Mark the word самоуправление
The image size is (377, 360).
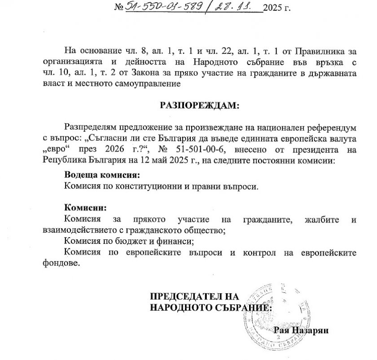[150, 83]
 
